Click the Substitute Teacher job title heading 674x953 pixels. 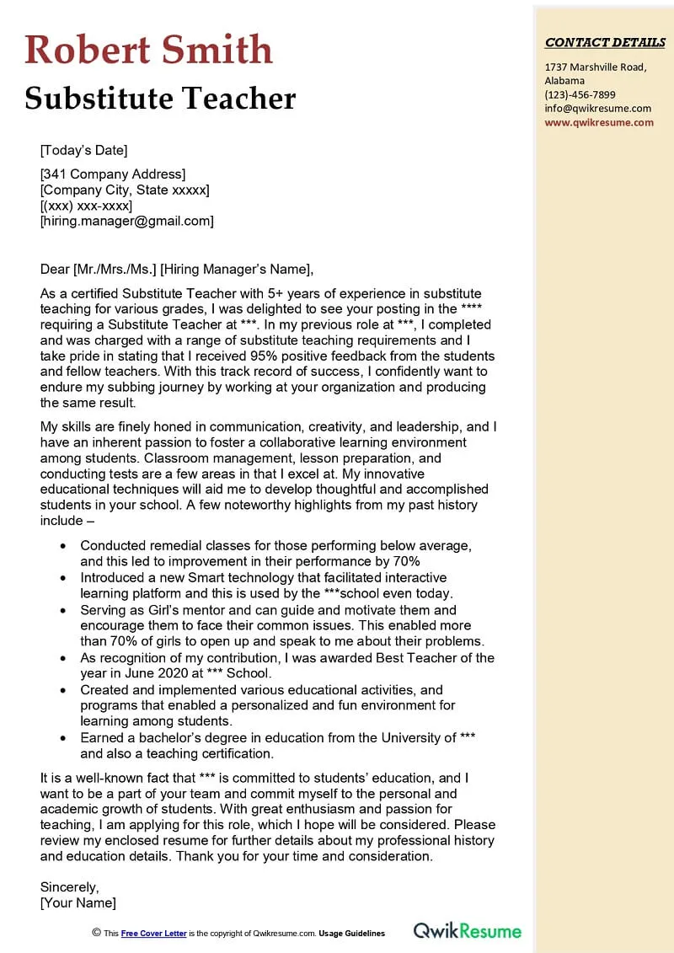160,99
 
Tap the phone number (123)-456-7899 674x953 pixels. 580,94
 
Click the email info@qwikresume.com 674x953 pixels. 597,108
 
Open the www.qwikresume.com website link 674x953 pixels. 599,122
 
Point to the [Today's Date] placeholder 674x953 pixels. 83,151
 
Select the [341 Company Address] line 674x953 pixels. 113,174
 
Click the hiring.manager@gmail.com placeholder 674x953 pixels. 126,222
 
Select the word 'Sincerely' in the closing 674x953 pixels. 69,887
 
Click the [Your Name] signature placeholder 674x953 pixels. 78,903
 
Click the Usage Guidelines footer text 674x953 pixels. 351,934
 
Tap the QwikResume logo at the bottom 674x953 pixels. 467,931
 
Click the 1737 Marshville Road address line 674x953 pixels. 595,67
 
